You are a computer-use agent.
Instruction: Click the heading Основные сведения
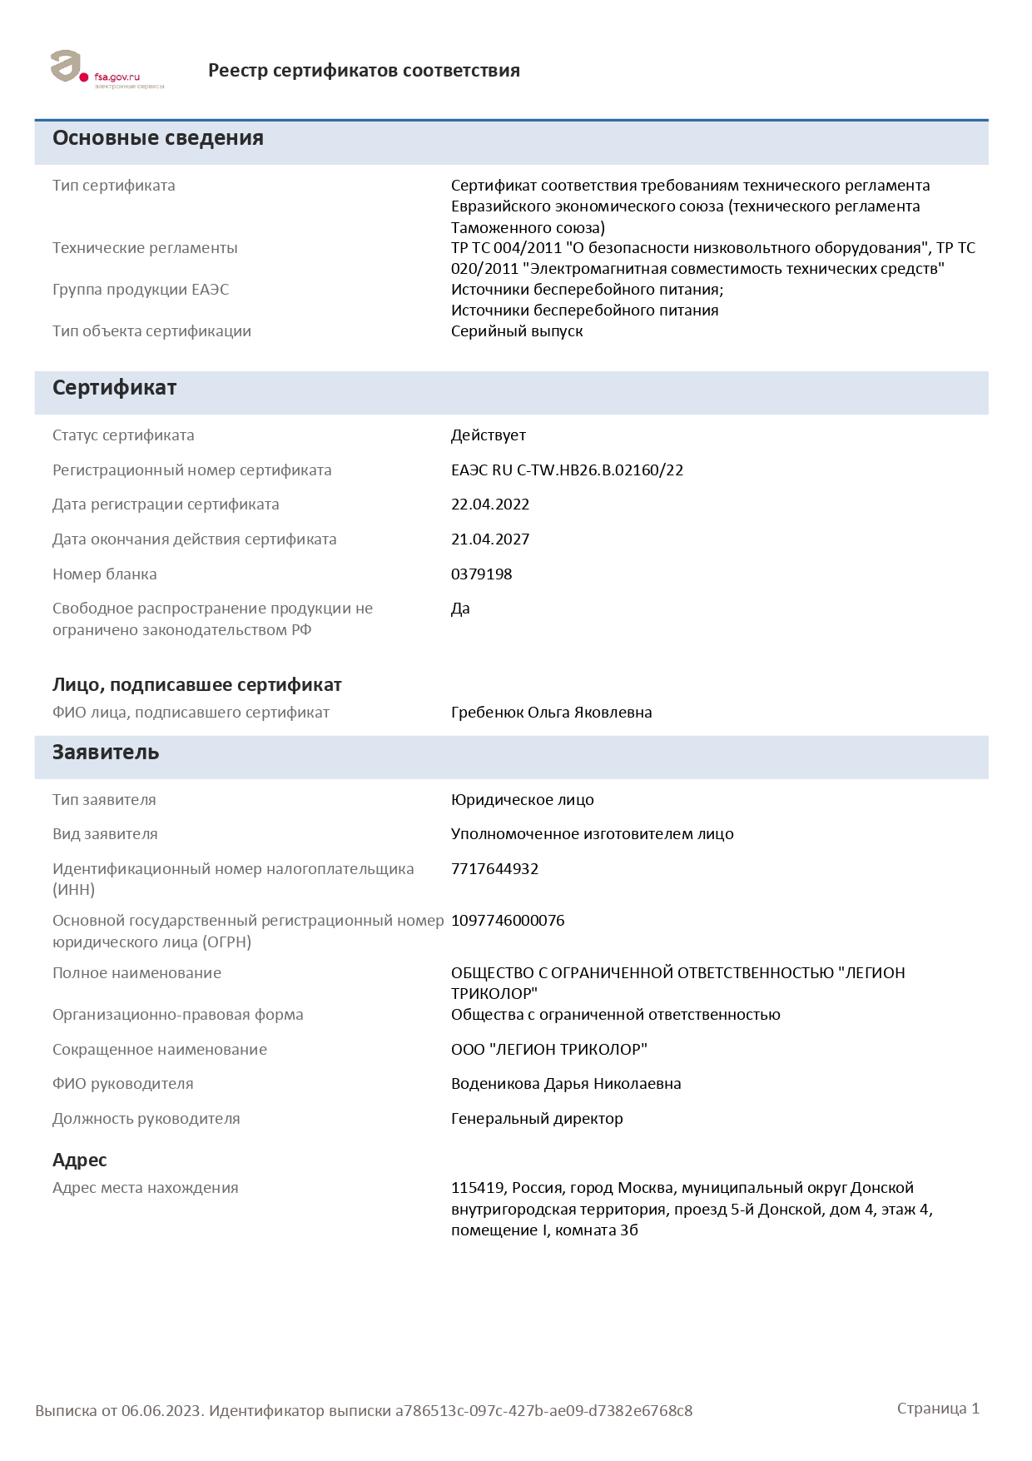click(x=158, y=138)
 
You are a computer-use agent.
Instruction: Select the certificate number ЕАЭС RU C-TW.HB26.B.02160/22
click(x=567, y=470)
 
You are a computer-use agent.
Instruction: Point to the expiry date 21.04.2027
click(x=490, y=539)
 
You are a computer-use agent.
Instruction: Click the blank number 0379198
click(x=481, y=574)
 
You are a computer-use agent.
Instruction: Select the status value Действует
click(x=489, y=435)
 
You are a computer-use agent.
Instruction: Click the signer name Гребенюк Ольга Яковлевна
click(x=551, y=713)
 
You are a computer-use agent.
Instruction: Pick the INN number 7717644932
click(x=494, y=869)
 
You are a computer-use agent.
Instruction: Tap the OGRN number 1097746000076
click(x=508, y=921)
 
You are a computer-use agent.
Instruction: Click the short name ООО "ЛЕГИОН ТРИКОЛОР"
click(x=548, y=1050)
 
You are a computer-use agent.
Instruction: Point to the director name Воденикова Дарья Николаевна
click(x=566, y=1084)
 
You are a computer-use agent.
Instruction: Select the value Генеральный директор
click(x=537, y=1119)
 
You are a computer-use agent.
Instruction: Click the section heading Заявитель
click(x=106, y=753)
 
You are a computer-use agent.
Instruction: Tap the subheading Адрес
click(x=80, y=1160)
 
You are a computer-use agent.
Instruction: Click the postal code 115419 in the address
click(x=478, y=1188)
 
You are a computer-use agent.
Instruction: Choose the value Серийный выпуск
click(x=517, y=331)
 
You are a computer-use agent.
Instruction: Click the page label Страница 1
click(x=938, y=1409)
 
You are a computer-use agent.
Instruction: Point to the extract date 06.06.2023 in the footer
click(x=161, y=1411)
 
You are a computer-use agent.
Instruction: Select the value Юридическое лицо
click(x=522, y=800)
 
